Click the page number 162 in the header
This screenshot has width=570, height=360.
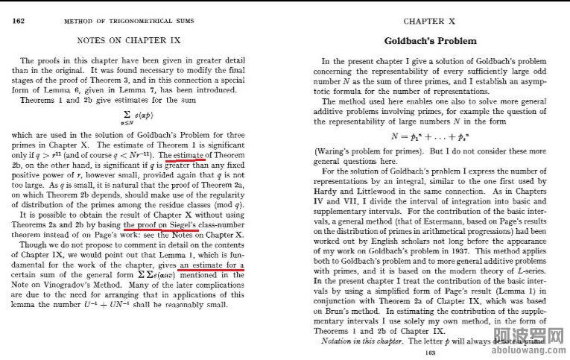pos(20,20)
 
